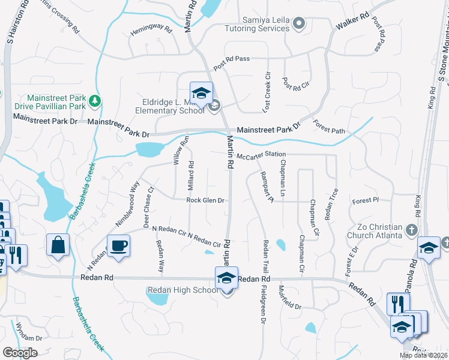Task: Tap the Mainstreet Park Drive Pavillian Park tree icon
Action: (x=94, y=101)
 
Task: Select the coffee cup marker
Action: (x=119, y=245)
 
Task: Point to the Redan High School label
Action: (x=182, y=290)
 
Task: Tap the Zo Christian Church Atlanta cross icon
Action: (x=411, y=230)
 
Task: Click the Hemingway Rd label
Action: (x=151, y=29)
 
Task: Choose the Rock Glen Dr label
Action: (x=205, y=200)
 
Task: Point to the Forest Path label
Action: (x=330, y=127)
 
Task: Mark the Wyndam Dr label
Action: (x=29, y=338)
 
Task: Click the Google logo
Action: (x=20, y=353)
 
